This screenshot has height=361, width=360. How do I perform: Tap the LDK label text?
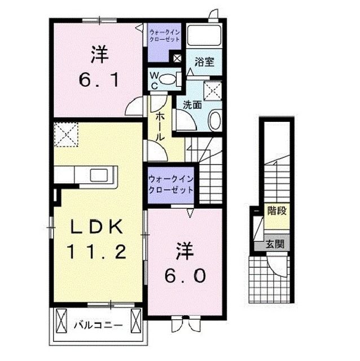click(96, 227)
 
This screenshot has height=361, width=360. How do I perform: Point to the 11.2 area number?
click(96, 252)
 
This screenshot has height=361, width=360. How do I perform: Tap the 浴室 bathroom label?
click(204, 61)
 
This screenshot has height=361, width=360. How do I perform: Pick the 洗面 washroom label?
click(192, 104)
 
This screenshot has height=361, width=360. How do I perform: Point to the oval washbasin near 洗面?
click(214, 120)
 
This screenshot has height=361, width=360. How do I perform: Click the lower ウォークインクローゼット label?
click(170, 184)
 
